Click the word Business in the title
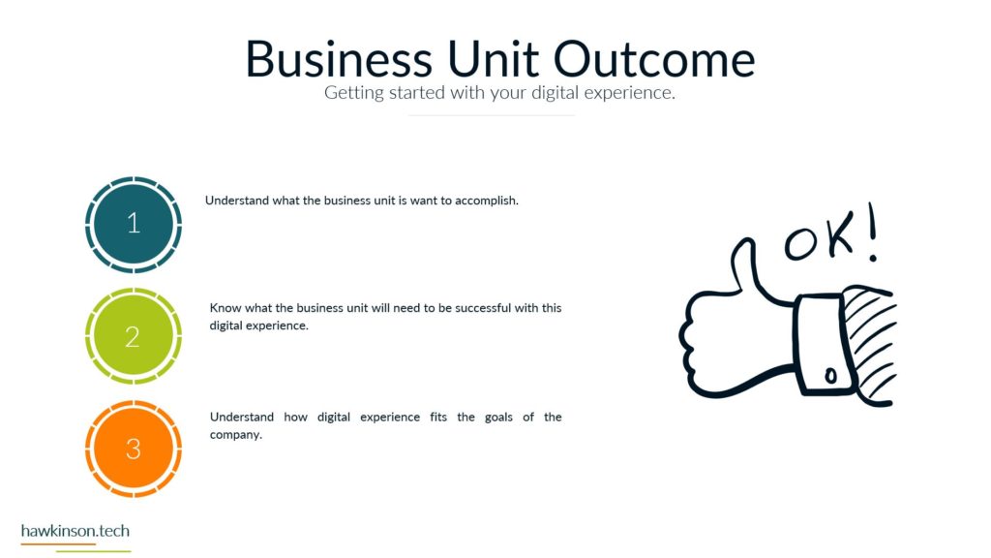coord(339,59)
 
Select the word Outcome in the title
coord(654,59)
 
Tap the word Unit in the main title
coord(493,59)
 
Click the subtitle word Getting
coord(354,93)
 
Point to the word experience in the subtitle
coord(629,94)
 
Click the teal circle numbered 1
coord(134,225)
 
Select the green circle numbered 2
coord(134,336)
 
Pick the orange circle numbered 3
coord(134,449)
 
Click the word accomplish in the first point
coord(487,201)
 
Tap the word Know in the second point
coord(225,308)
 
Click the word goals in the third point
coord(498,418)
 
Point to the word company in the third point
coord(236,435)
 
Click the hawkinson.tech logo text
coord(75,531)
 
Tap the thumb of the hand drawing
coord(744,264)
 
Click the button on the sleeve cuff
coord(830,376)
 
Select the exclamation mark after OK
coord(872,231)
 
